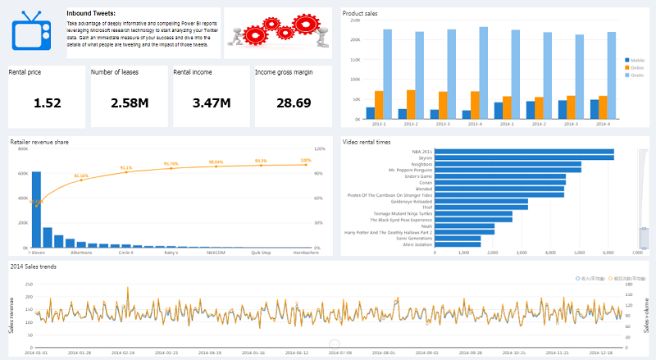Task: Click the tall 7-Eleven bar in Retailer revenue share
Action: (36, 209)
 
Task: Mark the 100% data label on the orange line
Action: (306, 161)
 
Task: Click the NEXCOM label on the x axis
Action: (216, 253)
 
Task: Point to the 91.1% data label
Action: (126, 168)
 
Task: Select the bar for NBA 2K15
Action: (524, 152)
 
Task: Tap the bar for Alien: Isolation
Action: (458, 244)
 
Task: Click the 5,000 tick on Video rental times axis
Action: (579, 253)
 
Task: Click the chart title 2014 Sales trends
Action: (34, 267)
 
